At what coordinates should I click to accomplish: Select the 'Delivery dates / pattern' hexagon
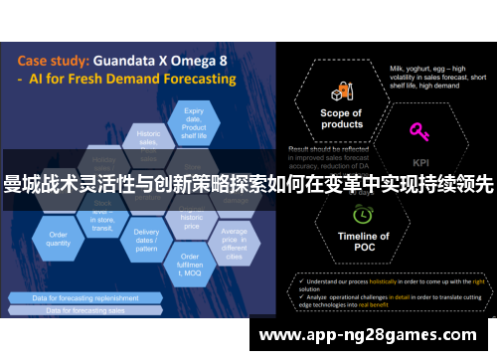[x=146, y=240]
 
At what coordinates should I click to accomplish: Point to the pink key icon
[x=418, y=132]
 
